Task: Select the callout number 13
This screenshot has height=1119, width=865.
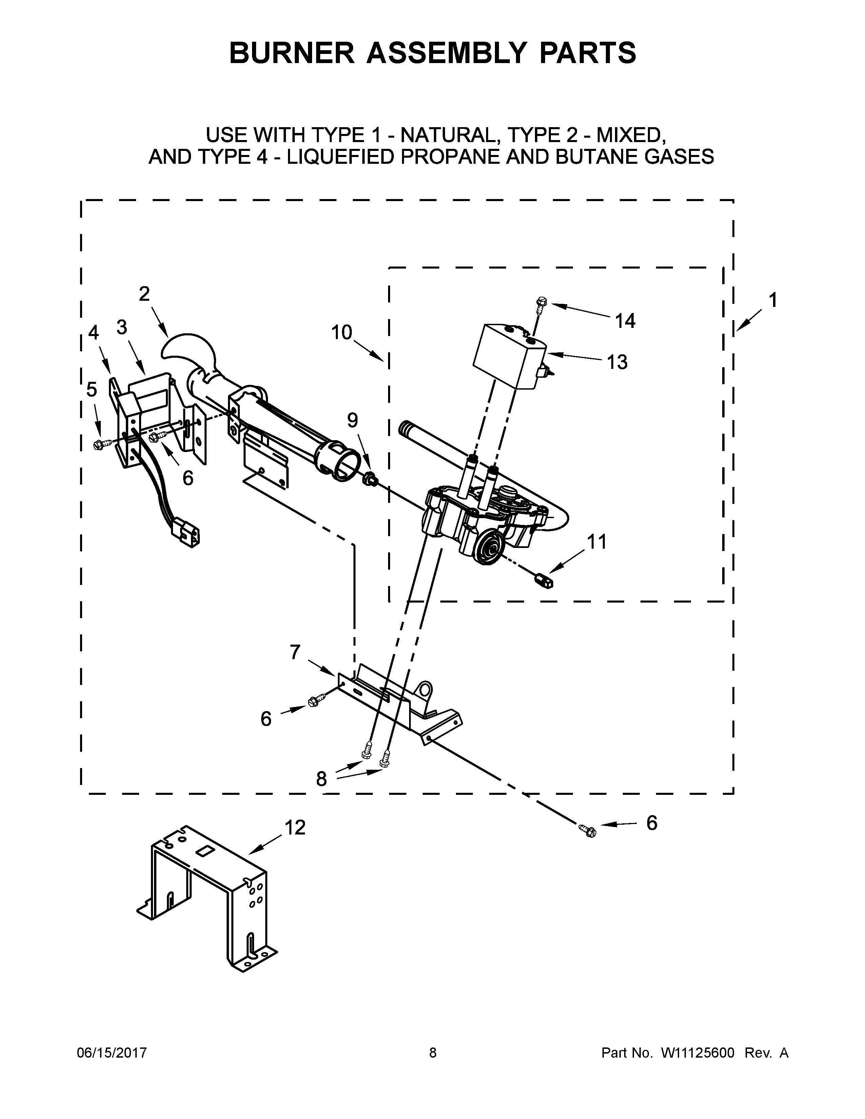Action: coord(617,362)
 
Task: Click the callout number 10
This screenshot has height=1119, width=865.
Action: coord(341,333)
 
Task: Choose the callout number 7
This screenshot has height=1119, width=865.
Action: coord(295,652)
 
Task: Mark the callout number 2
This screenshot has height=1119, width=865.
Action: coord(145,294)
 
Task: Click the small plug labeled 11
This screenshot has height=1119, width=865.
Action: coord(545,581)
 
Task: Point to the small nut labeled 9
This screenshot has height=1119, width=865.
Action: coord(369,480)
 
